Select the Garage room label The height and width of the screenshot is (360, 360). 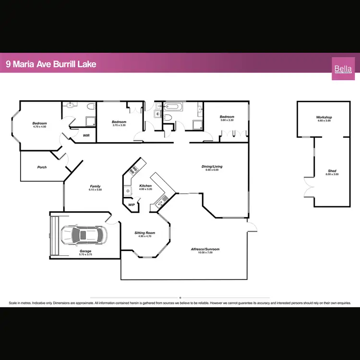[85, 251]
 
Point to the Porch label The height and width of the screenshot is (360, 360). [42, 168]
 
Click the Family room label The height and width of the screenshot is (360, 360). [95, 186]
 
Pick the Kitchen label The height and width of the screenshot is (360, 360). [145, 186]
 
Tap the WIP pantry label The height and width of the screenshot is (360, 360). [131, 204]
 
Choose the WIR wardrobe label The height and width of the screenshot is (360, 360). [86, 135]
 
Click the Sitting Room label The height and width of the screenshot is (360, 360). [144, 233]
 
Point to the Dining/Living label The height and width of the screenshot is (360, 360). [212, 167]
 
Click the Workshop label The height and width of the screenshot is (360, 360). [324, 117]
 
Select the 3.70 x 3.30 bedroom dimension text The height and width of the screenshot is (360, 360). [119, 125]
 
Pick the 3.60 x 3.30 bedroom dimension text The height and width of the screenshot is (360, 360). [227, 120]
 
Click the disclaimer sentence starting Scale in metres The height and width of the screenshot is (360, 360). [180, 303]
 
